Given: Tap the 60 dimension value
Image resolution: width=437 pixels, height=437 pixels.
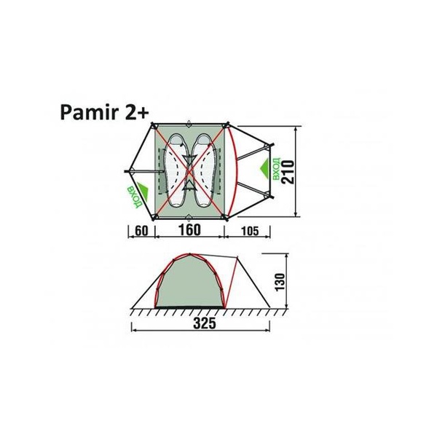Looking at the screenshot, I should pos(142,232).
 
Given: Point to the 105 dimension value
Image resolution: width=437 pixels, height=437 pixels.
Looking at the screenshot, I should pos(248,232).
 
